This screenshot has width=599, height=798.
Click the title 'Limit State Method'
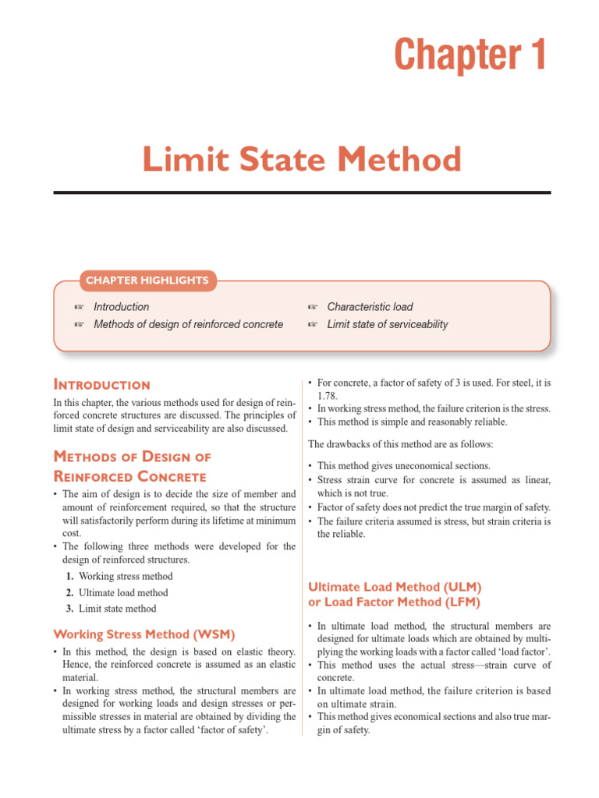coord(301,160)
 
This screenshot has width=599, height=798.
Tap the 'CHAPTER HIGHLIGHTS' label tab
coord(147,281)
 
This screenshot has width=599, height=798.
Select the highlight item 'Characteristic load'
coord(370,307)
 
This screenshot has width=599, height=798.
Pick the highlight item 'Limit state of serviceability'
coord(387,324)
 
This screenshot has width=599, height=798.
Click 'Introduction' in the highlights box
coord(121,307)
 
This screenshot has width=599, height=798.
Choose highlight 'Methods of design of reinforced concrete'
coord(188,324)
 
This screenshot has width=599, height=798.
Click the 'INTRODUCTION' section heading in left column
coord(101,385)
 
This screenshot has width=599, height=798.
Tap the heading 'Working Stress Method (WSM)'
coord(144,634)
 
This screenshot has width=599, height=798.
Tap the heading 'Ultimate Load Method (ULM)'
coord(395,586)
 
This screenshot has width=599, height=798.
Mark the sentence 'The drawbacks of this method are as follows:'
coord(406,444)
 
